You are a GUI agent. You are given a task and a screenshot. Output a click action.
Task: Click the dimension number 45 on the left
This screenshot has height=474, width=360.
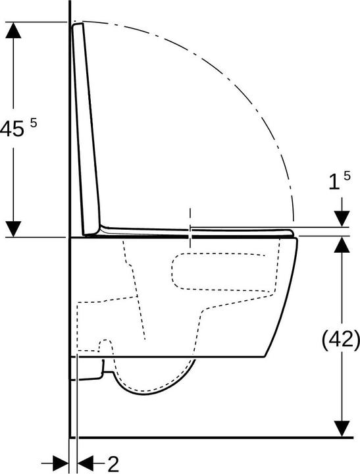[x=12, y=129]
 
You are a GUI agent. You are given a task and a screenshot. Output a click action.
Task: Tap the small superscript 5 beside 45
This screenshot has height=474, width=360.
[x=34, y=123]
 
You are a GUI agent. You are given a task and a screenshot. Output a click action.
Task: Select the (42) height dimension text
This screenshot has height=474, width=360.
[x=341, y=341]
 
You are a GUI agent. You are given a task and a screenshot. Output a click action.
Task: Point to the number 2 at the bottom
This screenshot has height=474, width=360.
[x=113, y=464]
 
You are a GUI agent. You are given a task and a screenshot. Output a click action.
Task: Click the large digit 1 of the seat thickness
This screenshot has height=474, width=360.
[x=334, y=182]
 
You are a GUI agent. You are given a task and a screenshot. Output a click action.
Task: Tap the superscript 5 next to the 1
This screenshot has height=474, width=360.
[x=347, y=176]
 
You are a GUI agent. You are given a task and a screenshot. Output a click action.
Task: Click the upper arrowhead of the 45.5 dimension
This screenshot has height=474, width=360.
[x=13, y=30]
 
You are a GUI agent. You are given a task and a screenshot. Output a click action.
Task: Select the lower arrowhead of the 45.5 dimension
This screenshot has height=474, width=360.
[x=13, y=229]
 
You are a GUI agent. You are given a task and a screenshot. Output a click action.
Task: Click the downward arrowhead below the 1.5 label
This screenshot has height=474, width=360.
[x=342, y=219]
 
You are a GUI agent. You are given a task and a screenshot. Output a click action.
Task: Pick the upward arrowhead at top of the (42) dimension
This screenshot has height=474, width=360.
[x=342, y=244]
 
